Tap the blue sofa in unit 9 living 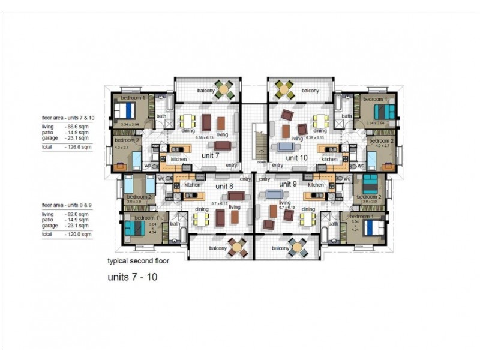274,194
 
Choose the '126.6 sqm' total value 78,146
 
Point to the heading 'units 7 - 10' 132,278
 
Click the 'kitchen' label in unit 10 329,160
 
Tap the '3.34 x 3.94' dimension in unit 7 130,124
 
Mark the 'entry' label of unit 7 232,165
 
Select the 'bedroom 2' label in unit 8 137,197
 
